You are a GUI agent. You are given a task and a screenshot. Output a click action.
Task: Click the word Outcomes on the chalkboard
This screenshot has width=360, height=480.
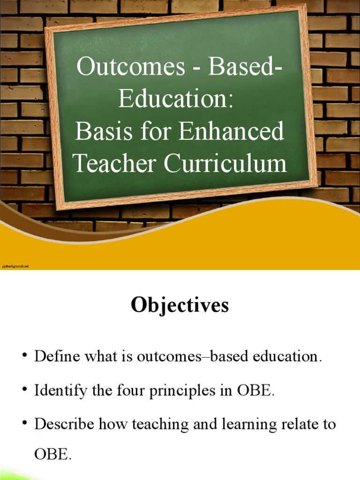[x=131, y=67]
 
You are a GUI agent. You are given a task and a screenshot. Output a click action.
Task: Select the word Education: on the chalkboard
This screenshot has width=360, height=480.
[x=176, y=99]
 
